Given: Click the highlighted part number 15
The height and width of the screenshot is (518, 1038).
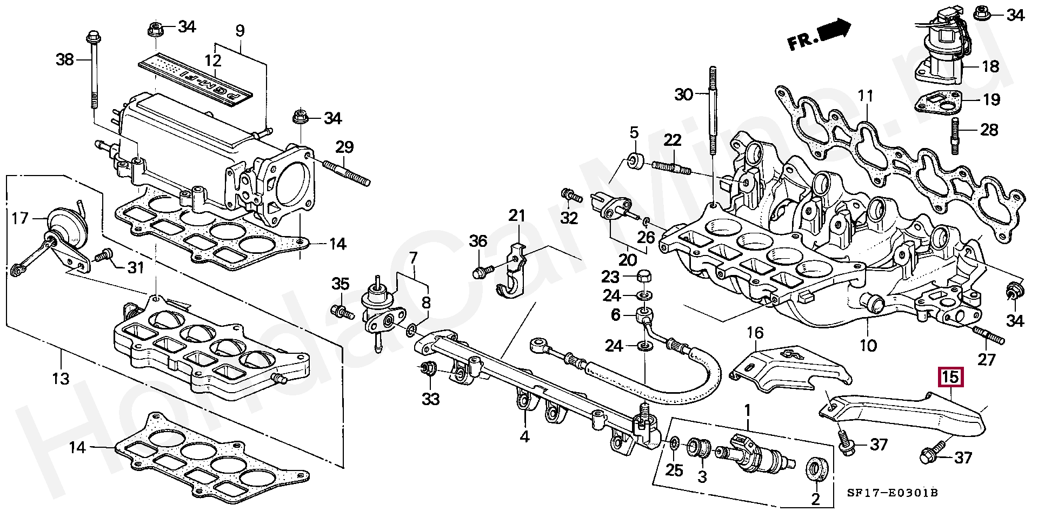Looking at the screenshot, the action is [x=951, y=376].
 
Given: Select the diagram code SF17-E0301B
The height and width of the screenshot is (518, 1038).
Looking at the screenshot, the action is [x=892, y=493].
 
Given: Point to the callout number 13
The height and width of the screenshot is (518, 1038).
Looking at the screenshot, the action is [x=61, y=378].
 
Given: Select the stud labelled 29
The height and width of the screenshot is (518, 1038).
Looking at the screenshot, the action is [x=346, y=173].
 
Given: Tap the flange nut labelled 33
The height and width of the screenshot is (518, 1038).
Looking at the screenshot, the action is [x=428, y=369].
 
